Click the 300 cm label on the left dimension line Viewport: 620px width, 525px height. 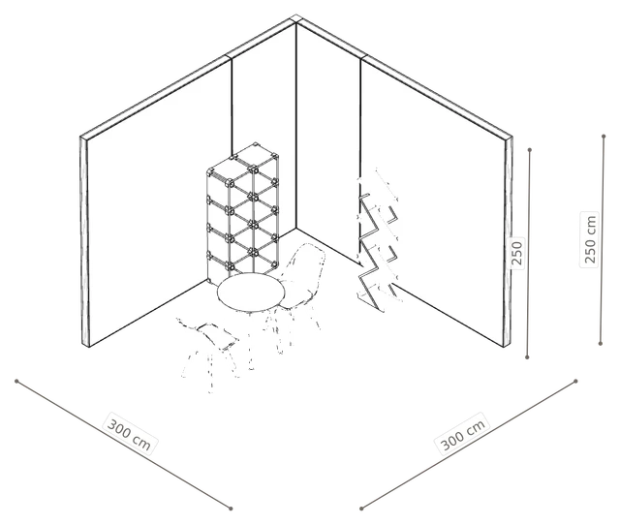tap(129, 433)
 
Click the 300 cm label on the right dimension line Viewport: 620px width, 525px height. tap(463, 434)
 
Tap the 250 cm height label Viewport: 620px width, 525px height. tap(590, 239)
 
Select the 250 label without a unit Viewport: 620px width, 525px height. tap(516, 253)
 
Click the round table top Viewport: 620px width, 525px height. tap(251, 293)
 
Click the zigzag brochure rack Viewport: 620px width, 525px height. tap(379, 241)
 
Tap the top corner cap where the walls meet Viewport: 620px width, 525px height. tap(295, 19)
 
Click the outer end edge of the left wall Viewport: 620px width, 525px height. tap(84, 242)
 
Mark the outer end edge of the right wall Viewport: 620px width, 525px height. tap(509, 242)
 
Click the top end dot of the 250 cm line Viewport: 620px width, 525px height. tap(604, 137)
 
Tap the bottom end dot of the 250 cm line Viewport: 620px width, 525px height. tap(601, 344)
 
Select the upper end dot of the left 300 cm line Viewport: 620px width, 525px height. tap(16, 381)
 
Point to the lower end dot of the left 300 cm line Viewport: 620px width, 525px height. tap(231, 509)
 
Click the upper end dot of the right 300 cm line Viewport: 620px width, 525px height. tap(575, 381)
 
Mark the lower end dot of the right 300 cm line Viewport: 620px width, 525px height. tap(361, 509)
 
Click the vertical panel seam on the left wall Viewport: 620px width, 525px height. tap(232, 107)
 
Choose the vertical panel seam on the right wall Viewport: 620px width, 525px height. tap(360, 118)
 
